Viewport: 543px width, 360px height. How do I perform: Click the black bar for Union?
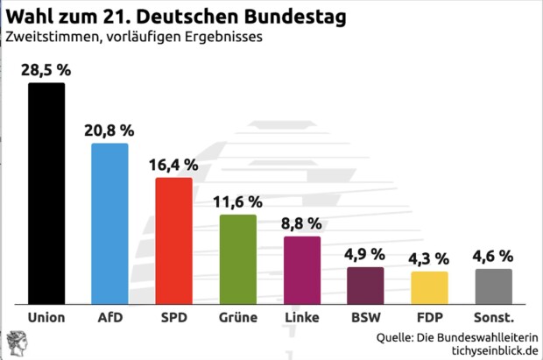(46, 193)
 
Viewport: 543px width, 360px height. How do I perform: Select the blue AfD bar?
(110, 223)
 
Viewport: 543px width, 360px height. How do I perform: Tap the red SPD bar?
(173, 240)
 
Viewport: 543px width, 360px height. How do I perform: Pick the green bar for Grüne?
(237, 258)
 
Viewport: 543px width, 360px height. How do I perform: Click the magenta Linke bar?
(302, 270)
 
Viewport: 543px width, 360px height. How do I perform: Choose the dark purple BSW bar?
(365, 285)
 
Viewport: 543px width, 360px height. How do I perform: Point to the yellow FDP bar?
(429, 287)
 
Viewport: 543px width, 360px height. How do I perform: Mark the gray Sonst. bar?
(493, 286)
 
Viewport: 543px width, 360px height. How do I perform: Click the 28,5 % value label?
(46, 68)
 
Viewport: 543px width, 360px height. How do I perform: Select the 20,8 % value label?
(110, 129)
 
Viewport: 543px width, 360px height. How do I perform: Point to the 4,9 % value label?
(365, 254)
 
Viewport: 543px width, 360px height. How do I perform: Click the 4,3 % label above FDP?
(429, 258)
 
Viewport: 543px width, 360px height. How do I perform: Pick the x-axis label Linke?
(302, 317)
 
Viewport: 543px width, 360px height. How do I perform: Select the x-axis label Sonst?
(493, 317)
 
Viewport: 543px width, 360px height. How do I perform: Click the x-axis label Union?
(46, 317)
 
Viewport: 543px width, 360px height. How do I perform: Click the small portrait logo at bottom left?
(16, 341)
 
